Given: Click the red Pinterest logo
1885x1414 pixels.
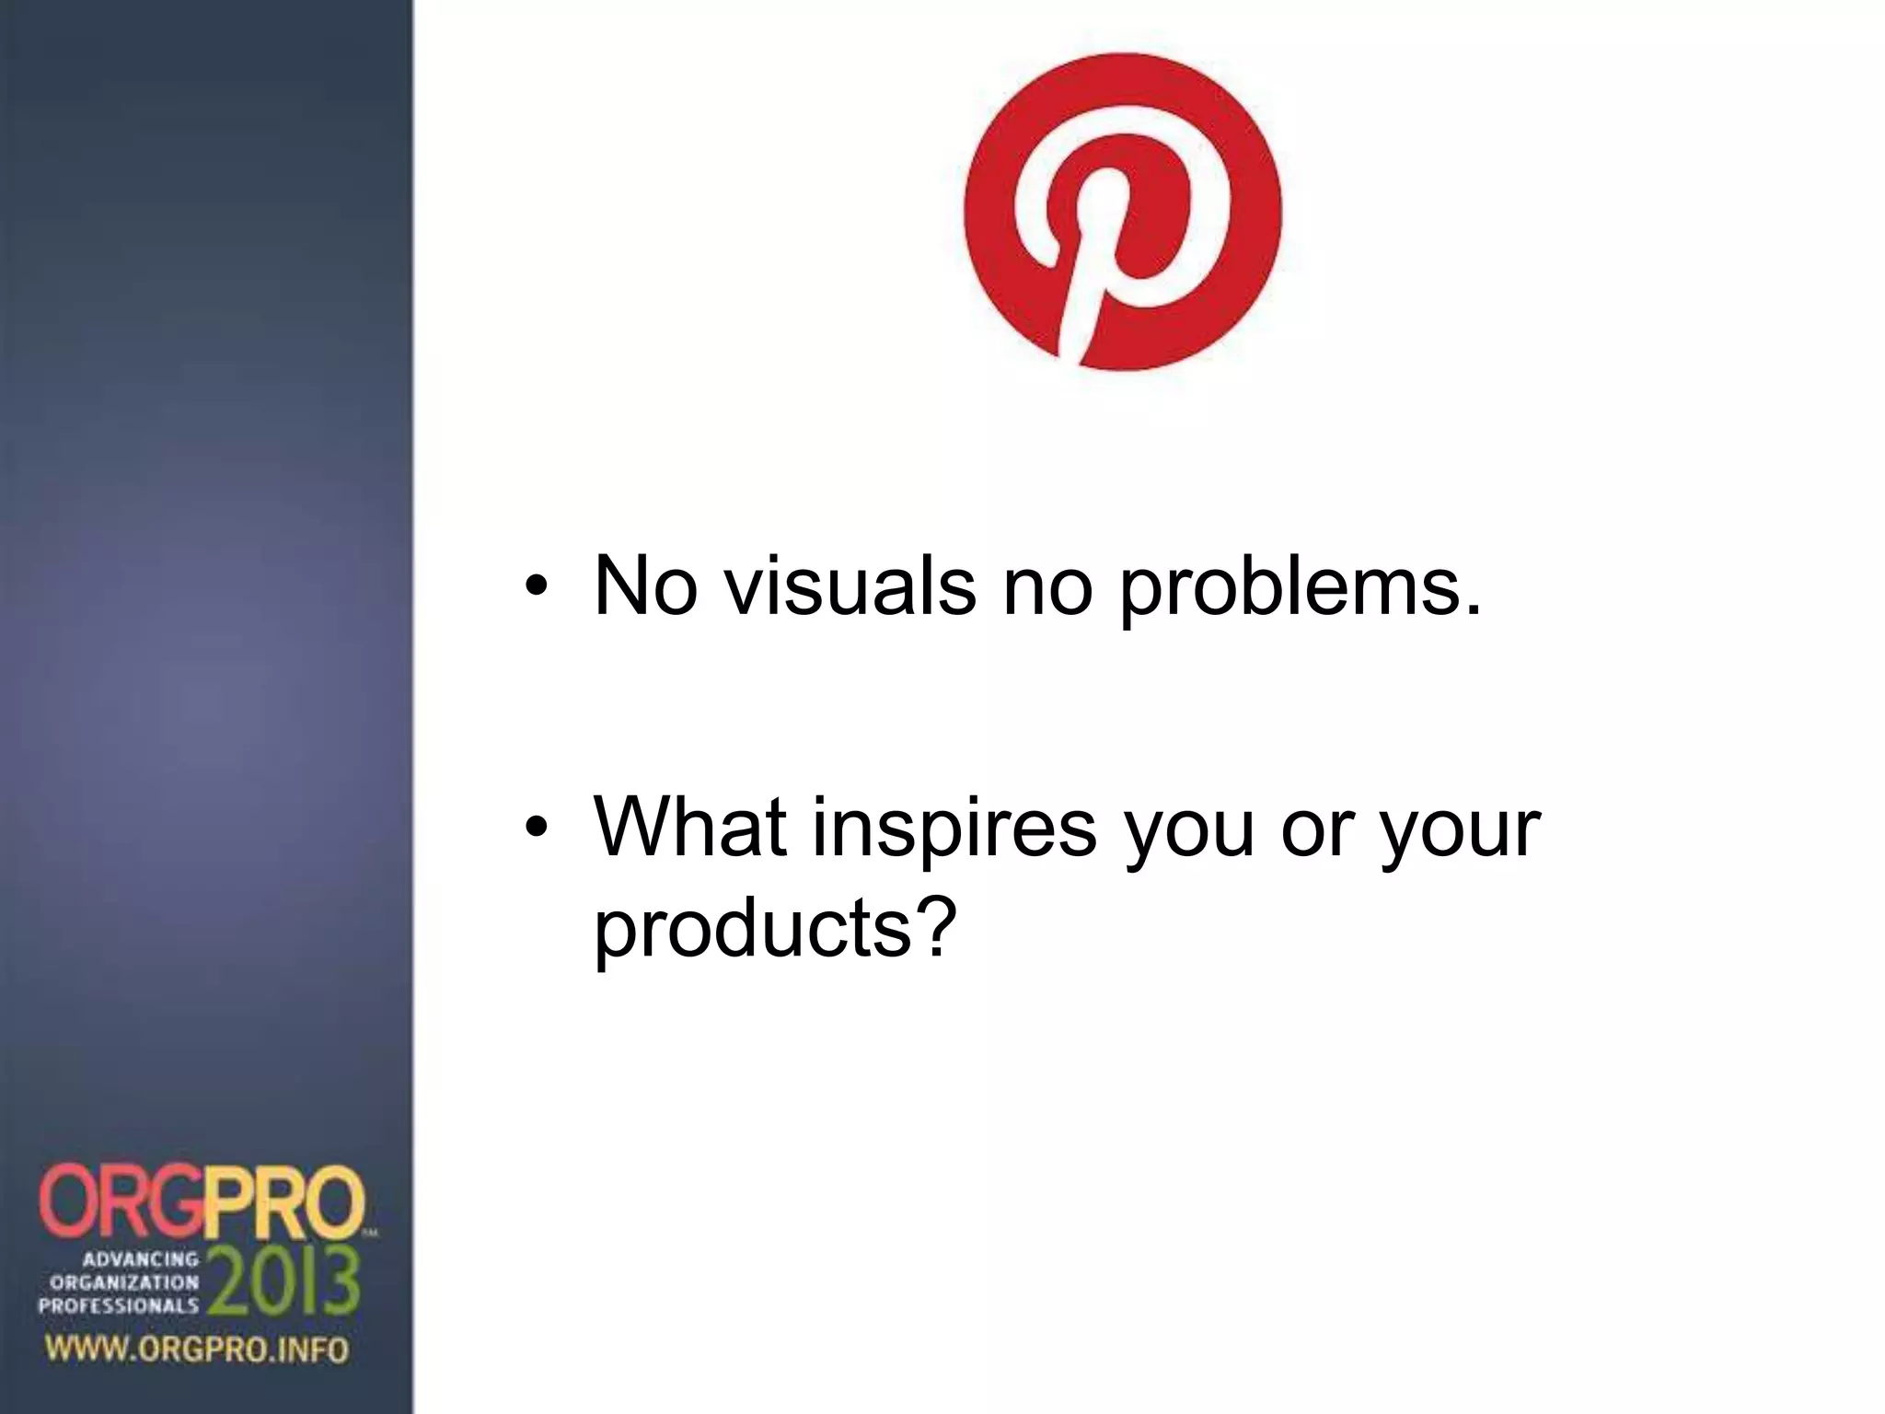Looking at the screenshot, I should pyautogui.click(x=1122, y=212).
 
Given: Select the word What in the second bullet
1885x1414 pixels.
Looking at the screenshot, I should pyautogui.click(x=690, y=826).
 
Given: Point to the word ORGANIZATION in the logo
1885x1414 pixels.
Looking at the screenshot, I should pyautogui.click(x=124, y=1281).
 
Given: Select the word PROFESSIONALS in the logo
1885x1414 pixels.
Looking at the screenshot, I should pyautogui.click(x=118, y=1304).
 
